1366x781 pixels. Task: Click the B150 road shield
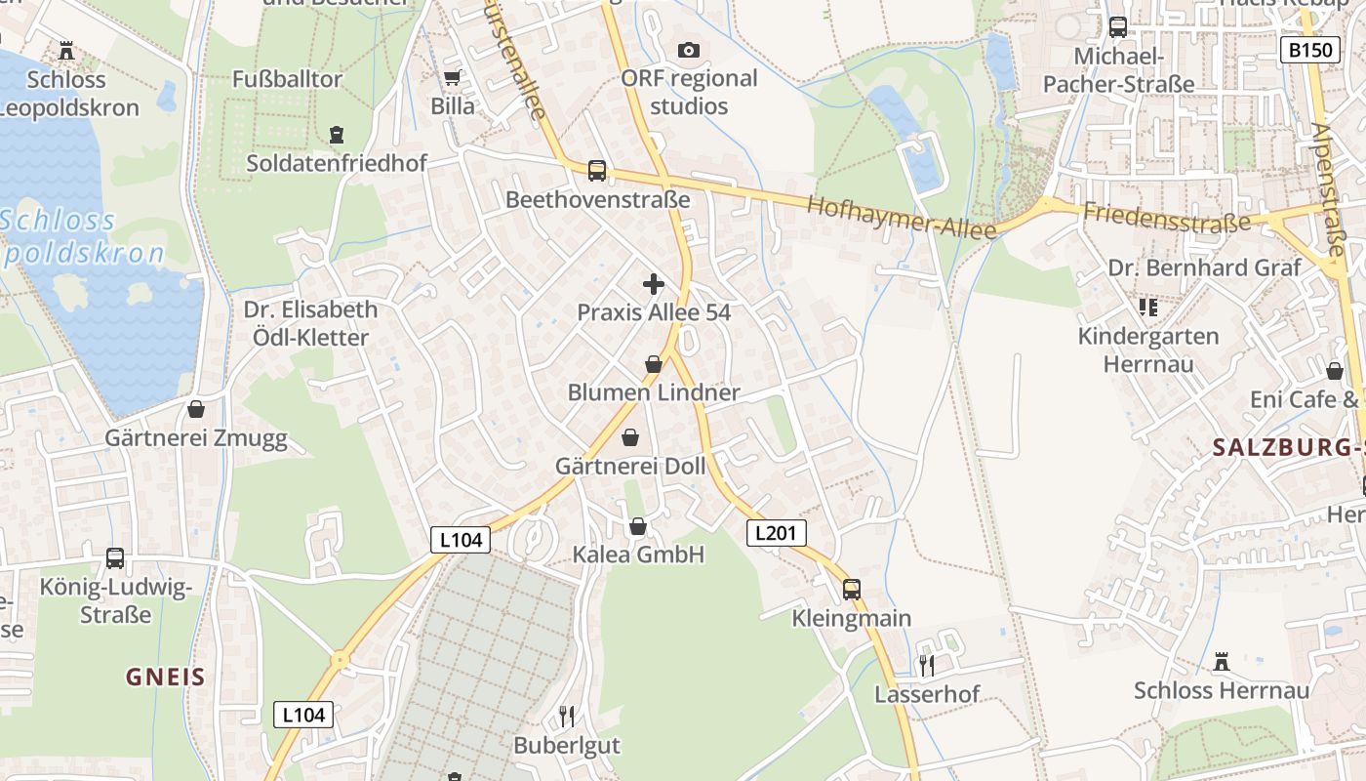[x=1309, y=50]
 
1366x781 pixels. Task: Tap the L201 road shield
[x=777, y=533]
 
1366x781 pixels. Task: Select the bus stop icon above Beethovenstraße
[x=597, y=171]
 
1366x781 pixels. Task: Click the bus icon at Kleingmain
[x=852, y=589]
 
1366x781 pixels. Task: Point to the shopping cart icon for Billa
[x=452, y=78]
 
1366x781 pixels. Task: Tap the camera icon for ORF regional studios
[x=689, y=50]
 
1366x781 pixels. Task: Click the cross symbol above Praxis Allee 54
[x=654, y=285]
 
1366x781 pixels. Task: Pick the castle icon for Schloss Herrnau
[x=1221, y=663]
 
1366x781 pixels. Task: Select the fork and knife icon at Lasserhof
[x=927, y=666]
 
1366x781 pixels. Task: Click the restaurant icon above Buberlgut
[x=567, y=717]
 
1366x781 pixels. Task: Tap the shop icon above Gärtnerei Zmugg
[x=196, y=409]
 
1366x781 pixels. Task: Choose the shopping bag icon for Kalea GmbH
[x=638, y=527]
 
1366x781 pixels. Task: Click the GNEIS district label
[x=166, y=678]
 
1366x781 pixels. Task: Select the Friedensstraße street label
[x=1166, y=217]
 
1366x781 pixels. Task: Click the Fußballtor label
[x=287, y=79]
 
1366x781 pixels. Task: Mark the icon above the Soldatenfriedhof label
[x=337, y=134]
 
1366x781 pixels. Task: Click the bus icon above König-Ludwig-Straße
[x=115, y=558]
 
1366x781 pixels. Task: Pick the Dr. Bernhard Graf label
[x=1204, y=267]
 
